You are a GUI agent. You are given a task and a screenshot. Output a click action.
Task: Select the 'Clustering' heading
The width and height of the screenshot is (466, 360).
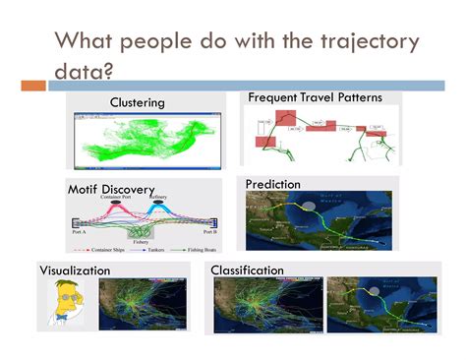(137, 102)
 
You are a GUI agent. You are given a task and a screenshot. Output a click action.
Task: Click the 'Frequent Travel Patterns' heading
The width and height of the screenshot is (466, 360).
(316, 97)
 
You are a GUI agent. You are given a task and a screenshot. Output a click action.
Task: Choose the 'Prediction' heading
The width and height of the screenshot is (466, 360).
(273, 183)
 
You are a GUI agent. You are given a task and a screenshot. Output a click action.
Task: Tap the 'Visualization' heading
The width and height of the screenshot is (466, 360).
(81, 270)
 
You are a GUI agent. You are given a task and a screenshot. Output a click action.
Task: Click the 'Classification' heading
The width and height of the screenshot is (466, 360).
(255, 268)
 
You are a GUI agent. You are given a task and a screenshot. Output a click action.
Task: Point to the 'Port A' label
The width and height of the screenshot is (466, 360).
(79, 232)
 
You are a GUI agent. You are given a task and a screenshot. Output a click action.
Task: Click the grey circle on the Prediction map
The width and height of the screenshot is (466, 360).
(311, 206)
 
